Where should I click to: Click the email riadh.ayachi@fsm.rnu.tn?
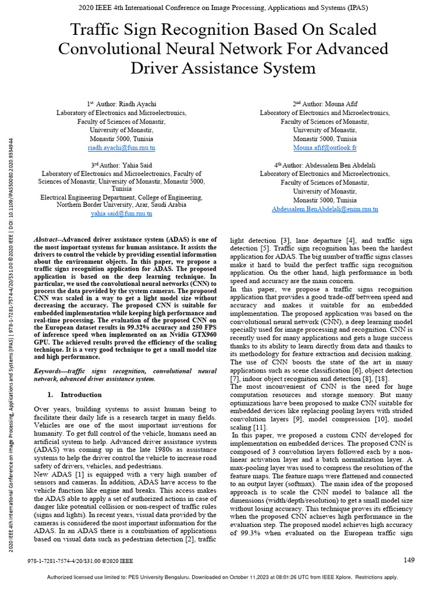coord(121,148)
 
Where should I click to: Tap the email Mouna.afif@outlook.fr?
coord(325,148)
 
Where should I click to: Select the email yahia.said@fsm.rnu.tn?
coord(121,213)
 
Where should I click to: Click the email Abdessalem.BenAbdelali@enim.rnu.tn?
coord(325,209)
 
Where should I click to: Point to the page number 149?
coord(409,560)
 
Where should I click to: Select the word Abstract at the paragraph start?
coord(46,239)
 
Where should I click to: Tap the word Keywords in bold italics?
coord(49,371)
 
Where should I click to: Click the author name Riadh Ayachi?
coord(138,103)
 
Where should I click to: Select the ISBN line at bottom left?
coord(80,561)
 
